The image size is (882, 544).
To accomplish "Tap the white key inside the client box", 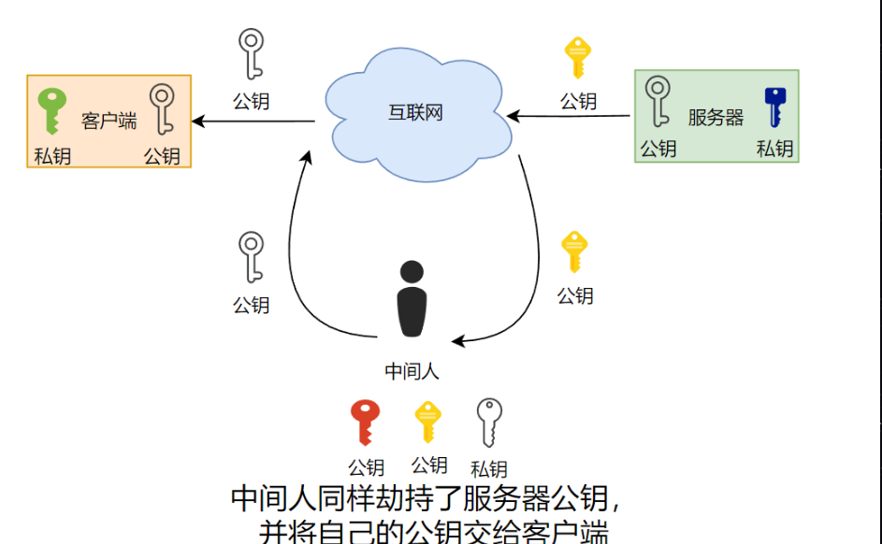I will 163,107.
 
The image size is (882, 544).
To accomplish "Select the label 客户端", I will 108,122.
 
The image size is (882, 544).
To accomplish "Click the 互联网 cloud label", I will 415,113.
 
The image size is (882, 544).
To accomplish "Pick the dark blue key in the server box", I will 775,105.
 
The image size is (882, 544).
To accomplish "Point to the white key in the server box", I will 658,101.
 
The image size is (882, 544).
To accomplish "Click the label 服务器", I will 716,118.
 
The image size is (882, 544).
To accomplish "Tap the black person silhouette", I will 412,299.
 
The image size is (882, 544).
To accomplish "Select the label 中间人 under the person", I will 412,371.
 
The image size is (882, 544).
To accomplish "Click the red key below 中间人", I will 364,422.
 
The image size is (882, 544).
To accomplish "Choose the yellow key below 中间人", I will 427,422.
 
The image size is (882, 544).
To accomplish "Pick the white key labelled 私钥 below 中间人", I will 488,422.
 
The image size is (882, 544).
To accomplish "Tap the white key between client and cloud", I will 251,53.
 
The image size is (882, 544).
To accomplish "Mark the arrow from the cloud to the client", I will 253,122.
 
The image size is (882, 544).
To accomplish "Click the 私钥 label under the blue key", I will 774,149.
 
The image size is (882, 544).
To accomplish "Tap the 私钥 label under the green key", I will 52,155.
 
